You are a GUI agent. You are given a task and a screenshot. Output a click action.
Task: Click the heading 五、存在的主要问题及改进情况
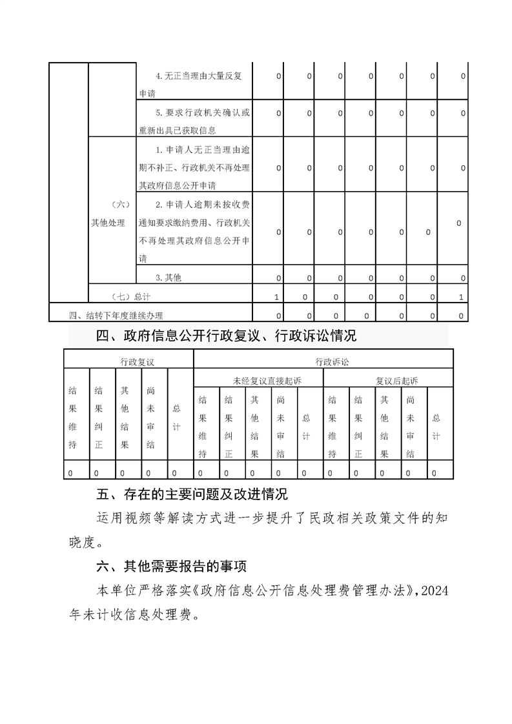click(191, 495)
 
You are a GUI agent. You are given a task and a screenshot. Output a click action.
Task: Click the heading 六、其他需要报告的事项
click(171, 567)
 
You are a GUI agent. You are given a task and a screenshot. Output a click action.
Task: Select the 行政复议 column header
click(128, 363)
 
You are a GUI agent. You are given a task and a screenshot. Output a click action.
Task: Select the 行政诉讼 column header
click(323, 363)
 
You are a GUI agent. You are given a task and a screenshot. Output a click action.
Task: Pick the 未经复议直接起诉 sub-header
click(258, 381)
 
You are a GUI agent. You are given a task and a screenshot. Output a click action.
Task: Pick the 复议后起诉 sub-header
click(387, 381)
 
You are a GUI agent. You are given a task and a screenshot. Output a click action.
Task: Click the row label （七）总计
click(129, 297)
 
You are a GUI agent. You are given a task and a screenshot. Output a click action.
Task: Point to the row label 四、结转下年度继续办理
click(116, 316)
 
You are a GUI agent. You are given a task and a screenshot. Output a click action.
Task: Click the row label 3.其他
click(169, 277)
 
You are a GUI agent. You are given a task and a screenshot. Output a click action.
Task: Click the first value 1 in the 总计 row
click(277, 297)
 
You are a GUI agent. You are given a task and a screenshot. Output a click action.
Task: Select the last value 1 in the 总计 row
click(460, 297)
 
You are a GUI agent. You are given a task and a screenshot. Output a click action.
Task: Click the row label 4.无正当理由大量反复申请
click(194, 85)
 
